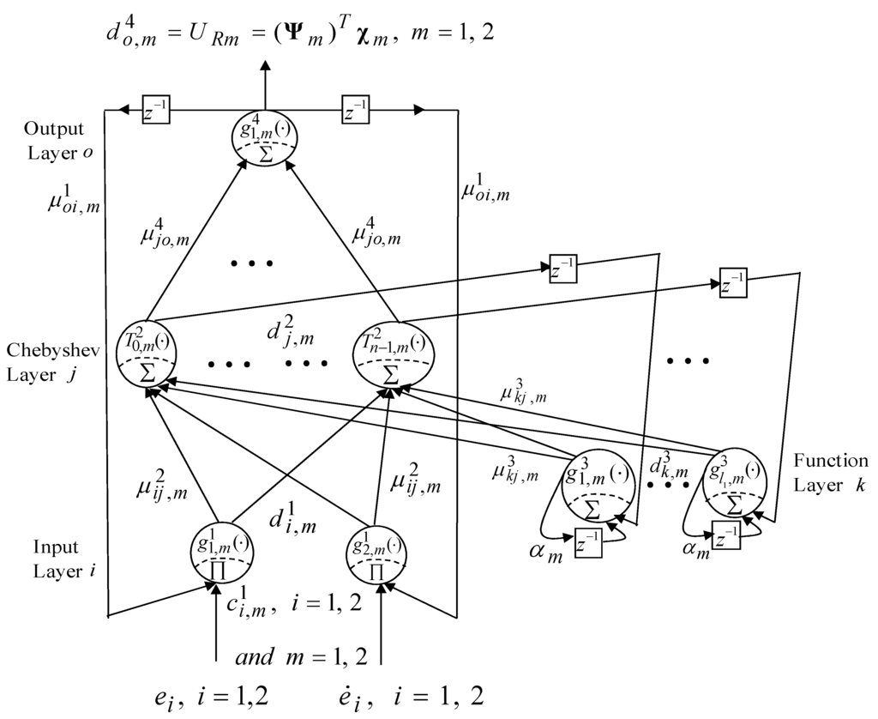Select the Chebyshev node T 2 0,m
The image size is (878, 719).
(x=149, y=354)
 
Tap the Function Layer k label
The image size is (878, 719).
(x=830, y=473)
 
